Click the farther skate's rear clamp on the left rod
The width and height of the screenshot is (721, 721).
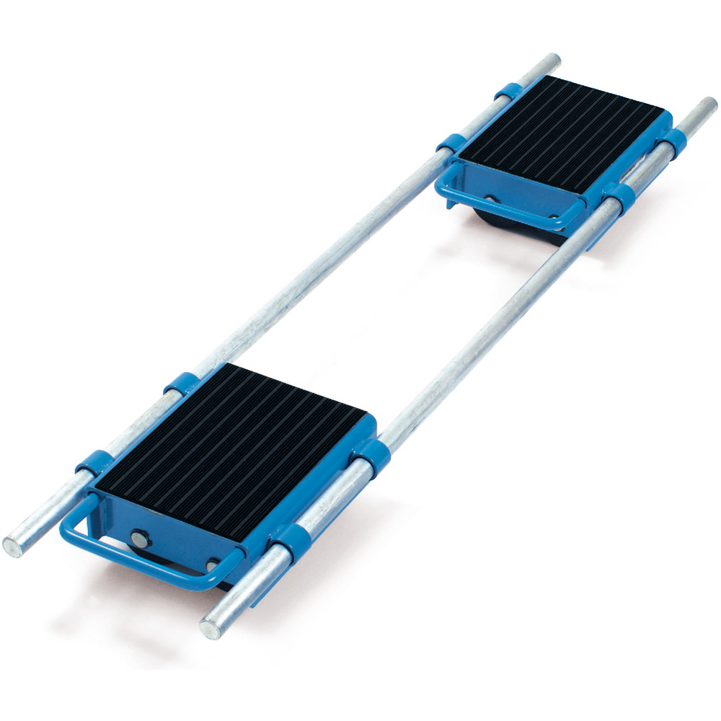pos(508,92)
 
